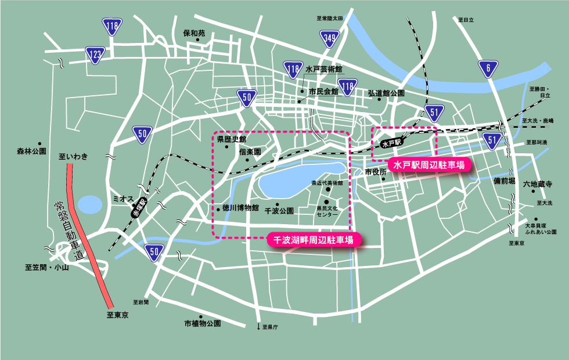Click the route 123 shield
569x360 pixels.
(95, 55)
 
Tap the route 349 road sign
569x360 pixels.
(329, 39)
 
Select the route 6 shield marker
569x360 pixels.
(488, 69)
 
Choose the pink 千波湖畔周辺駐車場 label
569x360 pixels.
(314, 239)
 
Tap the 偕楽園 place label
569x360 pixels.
(250, 151)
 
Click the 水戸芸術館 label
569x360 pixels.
(323, 69)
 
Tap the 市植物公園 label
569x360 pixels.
(203, 323)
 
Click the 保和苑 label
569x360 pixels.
(194, 33)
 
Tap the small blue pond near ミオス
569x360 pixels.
(90, 205)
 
